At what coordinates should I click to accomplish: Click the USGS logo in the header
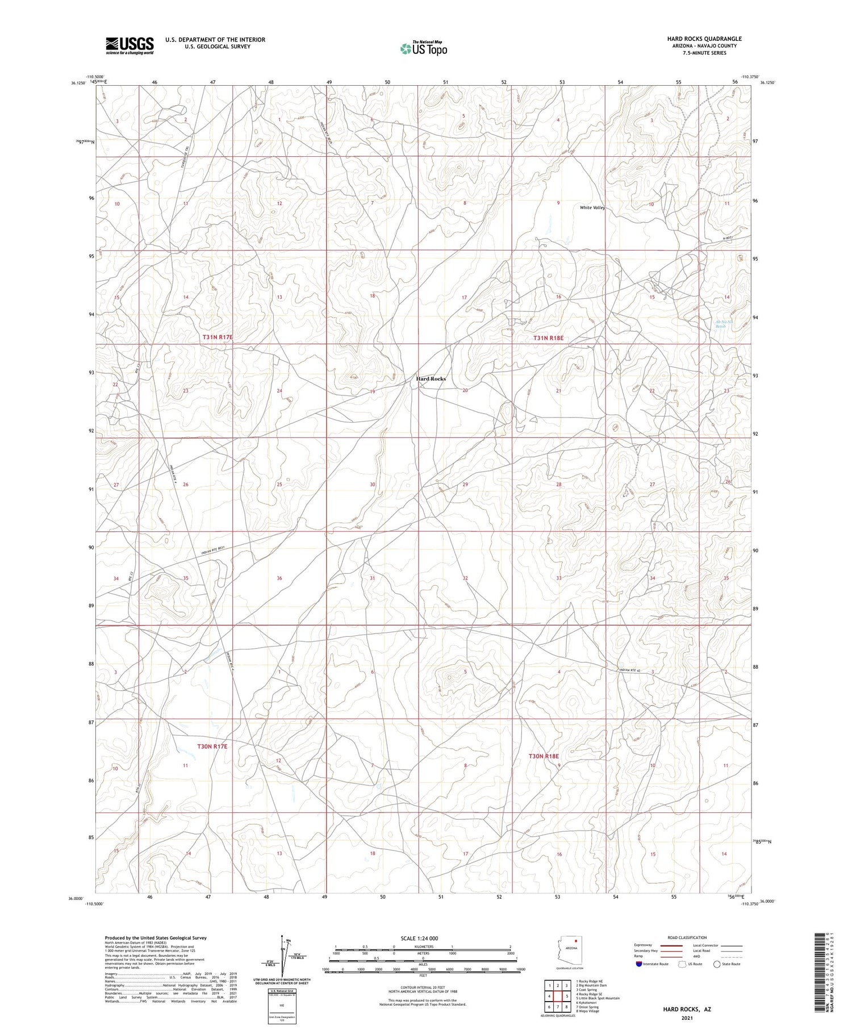click(130, 45)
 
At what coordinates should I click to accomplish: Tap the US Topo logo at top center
click(423, 49)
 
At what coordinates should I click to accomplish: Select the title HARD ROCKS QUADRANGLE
click(704, 39)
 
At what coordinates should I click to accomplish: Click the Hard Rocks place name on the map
click(431, 379)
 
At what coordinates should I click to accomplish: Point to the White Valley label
click(592, 208)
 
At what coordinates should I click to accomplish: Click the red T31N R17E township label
click(218, 337)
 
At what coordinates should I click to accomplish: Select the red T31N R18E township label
click(548, 338)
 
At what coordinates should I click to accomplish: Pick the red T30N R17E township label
click(212, 746)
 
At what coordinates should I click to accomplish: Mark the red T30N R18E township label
click(544, 756)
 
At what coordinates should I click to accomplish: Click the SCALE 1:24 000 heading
click(419, 939)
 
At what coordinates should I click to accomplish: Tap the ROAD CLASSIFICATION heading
click(687, 937)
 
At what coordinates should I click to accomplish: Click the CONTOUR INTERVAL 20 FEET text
click(423, 988)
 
